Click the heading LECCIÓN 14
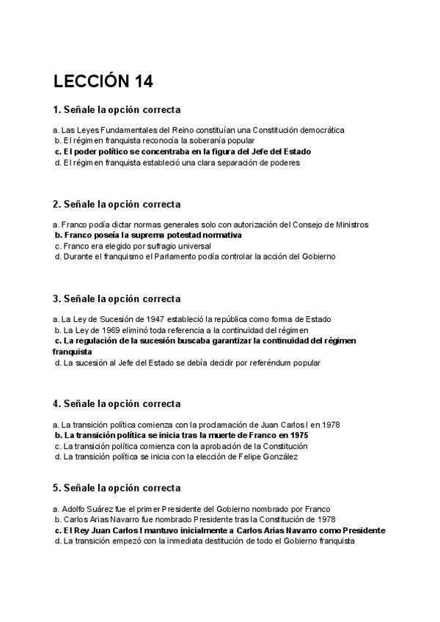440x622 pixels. pyautogui.click(x=103, y=81)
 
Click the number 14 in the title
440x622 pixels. pyautogui.click(x=139, y=81)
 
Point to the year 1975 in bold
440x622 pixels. pyautogui.click(x=298, y=435)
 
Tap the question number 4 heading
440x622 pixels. pyautogui.click(x=117, y=404)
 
